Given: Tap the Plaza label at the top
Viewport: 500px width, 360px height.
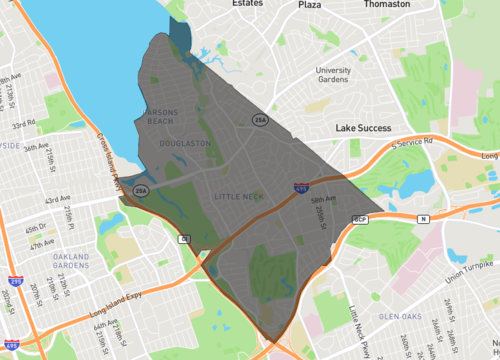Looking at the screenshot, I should tap(309, 5).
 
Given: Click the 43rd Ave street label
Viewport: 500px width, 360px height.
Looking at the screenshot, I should tap(58, 199).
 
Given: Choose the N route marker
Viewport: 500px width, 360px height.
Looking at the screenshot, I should tap(423, 217).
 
